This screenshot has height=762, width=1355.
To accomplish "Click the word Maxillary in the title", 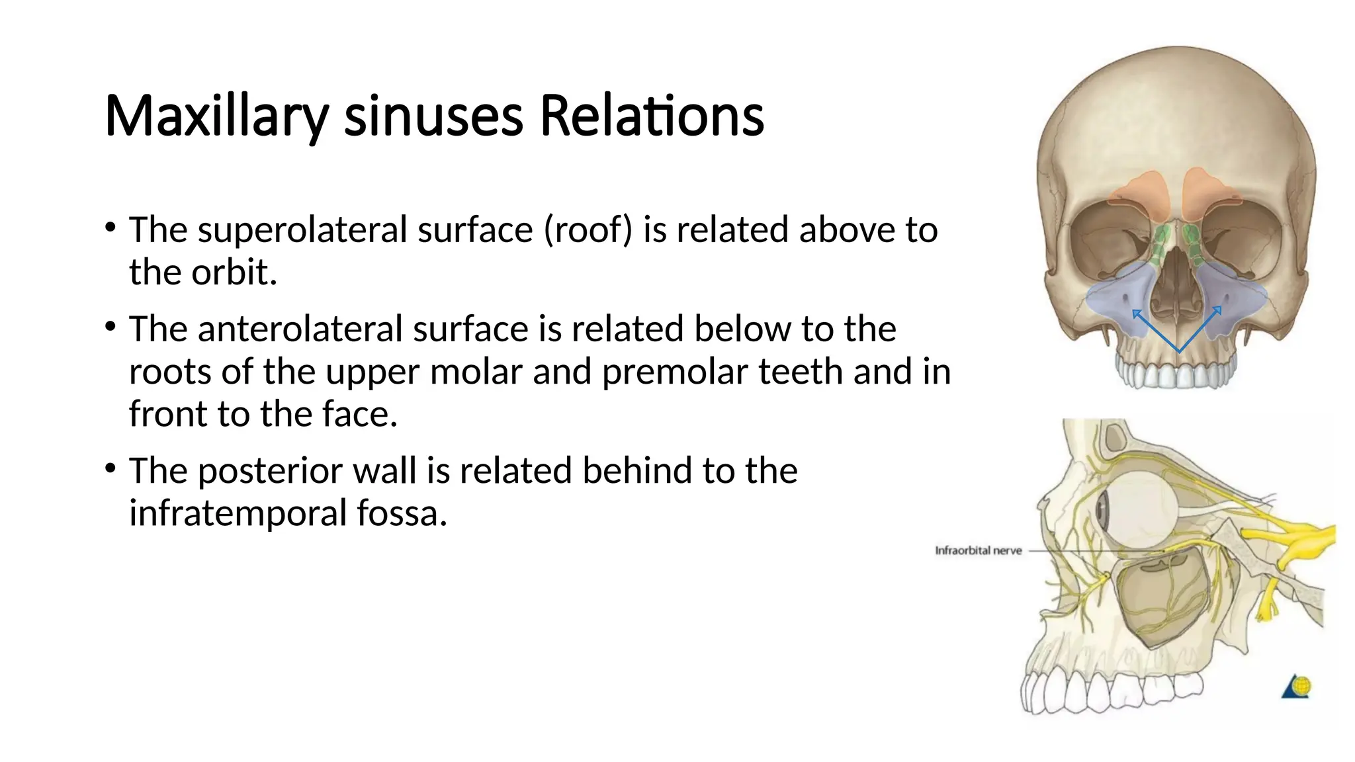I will click(x=216, y=117).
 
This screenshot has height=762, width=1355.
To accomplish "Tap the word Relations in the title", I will click(x=652, y=117).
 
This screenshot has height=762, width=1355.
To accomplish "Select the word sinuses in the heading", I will click(x=433, y=117).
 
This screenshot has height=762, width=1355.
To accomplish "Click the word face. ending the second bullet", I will click(x=360, y=415).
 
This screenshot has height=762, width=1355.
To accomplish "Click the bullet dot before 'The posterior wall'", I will click(x=110, y=469).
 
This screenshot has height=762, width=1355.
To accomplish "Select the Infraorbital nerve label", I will click(x=978, y=550).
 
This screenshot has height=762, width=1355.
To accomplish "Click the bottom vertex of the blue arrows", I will click(x=1178, y=351).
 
